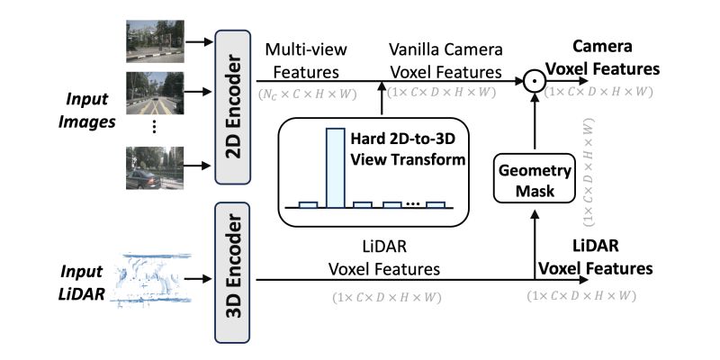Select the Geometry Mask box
pos(534,180)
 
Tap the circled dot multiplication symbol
pos(535,82)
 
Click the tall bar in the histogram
pos(334,167)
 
